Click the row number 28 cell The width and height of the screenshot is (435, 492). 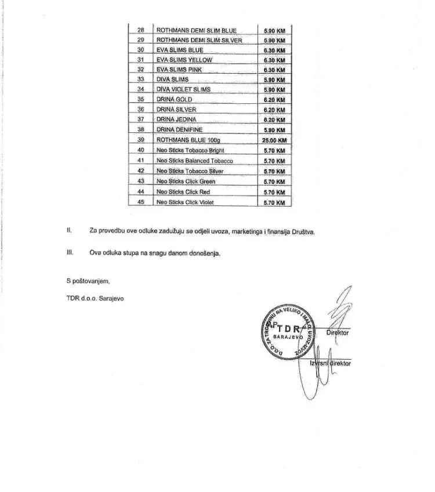(140, 30)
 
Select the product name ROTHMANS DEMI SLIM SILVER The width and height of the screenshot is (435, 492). (199, 40)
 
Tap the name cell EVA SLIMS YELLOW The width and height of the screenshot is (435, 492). (184, 60)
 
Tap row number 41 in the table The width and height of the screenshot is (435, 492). (140, 160)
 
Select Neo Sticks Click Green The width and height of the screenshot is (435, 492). (186, 181)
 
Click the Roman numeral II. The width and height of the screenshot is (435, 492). (69, 231)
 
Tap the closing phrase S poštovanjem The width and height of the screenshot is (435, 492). (88, 281)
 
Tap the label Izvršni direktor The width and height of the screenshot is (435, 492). (331, 364)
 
